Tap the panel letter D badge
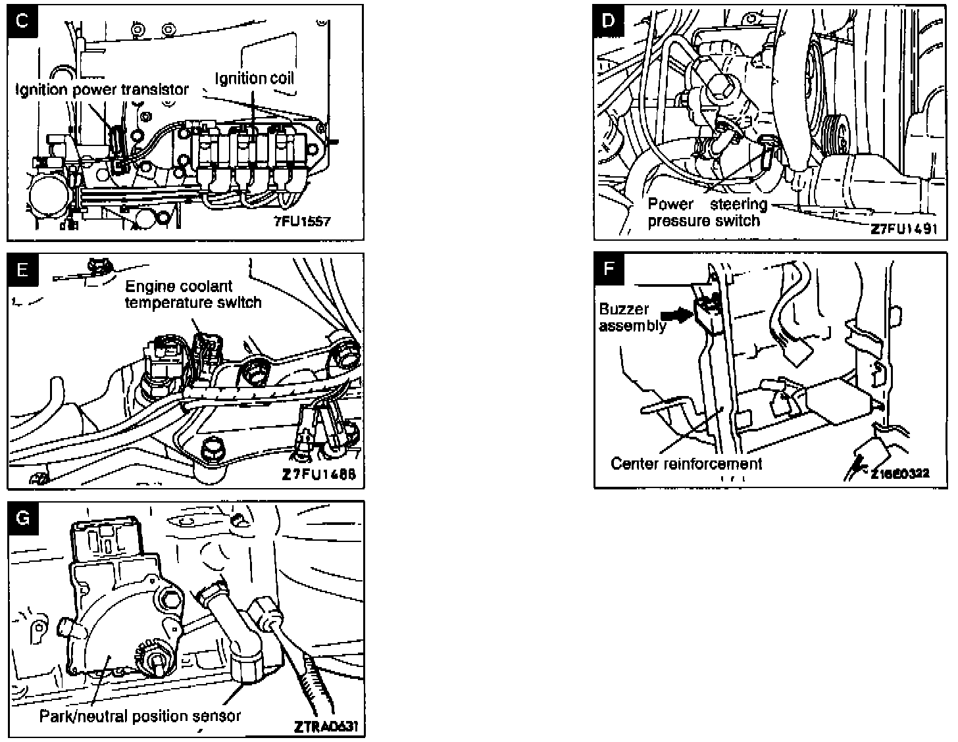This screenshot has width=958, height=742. [x=609, y=20]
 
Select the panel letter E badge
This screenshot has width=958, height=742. [x=23, y=269]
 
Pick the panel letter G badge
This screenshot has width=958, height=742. [x=23, y=518]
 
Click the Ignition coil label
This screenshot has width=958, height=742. [x=255, y=78]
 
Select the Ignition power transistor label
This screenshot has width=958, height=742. [x=102, y=89]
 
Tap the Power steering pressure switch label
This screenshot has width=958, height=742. [x=707, y=212]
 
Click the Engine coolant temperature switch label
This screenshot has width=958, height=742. [x=193, y=294]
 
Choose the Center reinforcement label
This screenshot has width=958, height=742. [x=686, y=463]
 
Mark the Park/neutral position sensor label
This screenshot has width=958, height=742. [x=140, y=716]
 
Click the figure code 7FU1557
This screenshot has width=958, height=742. [x=302, y=221]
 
